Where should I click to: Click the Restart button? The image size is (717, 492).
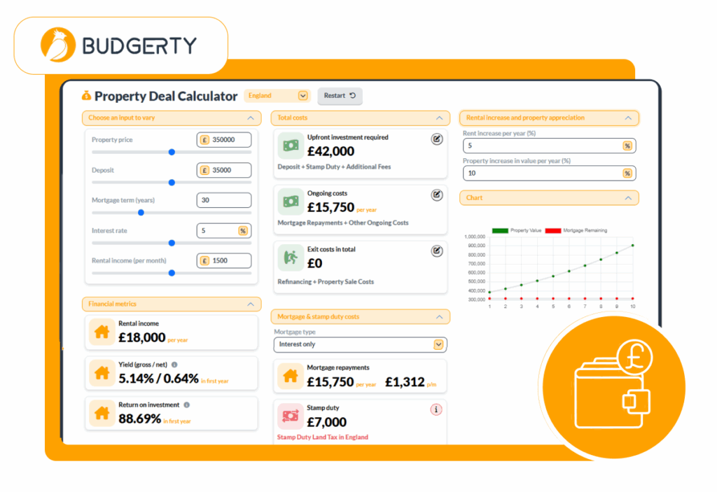click(340, 96)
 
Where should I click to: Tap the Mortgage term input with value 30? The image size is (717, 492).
click(223, 200)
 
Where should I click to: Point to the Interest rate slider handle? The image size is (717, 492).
click(172, 243)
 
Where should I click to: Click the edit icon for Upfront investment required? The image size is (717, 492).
click(437, 139)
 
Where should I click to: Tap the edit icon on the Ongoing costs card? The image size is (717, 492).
click(437, 195)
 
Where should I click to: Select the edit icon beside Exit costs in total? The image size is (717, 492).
click(437, 251)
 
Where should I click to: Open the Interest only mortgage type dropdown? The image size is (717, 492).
click(360, 344)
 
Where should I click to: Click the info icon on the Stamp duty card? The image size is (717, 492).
click(436, 409)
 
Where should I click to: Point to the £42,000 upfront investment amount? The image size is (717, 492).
click(330, 151)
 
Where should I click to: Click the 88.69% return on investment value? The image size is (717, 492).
click(140, 419)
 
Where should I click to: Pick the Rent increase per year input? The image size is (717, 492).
click(542, 146)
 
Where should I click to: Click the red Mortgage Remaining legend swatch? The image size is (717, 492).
click(553, 230)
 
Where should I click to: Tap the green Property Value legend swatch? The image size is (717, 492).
click(500, 230)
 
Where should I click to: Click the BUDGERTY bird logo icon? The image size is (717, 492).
click(59, 45)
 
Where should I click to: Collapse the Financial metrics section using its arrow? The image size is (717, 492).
click(251, 304)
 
